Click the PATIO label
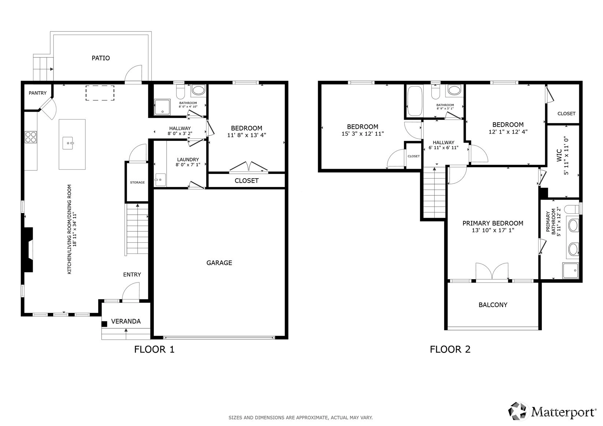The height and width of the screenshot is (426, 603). [101, 58]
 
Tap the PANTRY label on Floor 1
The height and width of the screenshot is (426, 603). [38, 93]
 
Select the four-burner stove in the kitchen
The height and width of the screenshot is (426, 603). [31, 137]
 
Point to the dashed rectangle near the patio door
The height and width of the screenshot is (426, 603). [100, 93]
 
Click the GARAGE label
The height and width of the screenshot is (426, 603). [219, 263]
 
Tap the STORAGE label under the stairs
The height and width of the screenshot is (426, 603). [137, 183]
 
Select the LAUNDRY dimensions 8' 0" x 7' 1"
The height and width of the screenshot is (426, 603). [188, 165]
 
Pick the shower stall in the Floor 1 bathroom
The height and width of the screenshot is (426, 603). [162, 107]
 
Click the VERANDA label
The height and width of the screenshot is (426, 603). [126, 321]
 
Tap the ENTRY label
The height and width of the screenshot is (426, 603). [132, 274]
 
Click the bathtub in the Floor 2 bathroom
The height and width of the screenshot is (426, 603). [415, 101]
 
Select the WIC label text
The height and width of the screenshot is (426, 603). [559, 155]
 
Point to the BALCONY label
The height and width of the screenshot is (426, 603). [493, 305]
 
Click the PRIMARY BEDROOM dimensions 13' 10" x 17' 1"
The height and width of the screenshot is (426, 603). [493, 230]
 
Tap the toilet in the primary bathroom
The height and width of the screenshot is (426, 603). [572, 209]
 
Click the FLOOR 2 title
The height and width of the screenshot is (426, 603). [450, 350]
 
